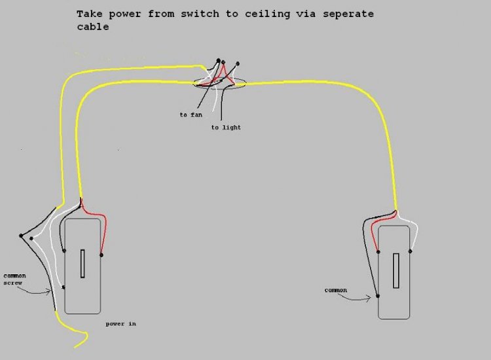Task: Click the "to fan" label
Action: pyautogui.click(x=191, y=115)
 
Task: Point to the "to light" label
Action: pyautogui.click(x=226, y=127)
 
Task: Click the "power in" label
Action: pyautogui.click(x=120, y=323)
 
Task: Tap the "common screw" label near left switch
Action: pyautogui.click(x=15, y=279)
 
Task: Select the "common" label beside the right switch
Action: pyautogui.click(x=335, y=290)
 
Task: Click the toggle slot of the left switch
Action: pyautogui.click(x=82, y=264)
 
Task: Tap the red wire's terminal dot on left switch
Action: pyautogui.click(x=101, y=255)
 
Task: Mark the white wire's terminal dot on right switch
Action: pyautogui.click(x=410, y=251)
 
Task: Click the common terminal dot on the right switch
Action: pyautogui.click(x=378, y=296)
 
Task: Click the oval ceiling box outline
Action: pyautogui.click(x=244, y=83)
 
